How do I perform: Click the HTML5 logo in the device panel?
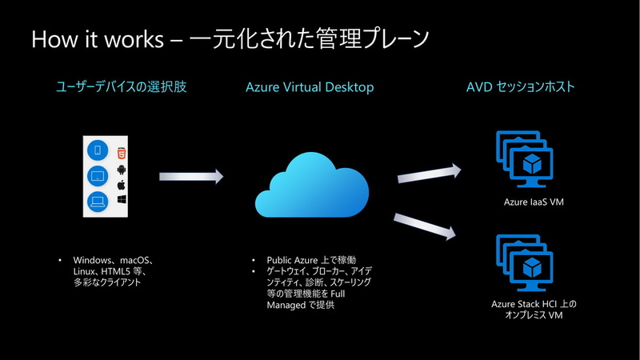coord(122,153)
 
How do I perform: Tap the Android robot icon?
coord(122,170)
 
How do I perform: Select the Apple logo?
coord(122,185)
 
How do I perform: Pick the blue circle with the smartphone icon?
coord(98,150)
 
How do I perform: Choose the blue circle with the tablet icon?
coord(98,175)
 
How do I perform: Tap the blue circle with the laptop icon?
coord(98,201)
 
